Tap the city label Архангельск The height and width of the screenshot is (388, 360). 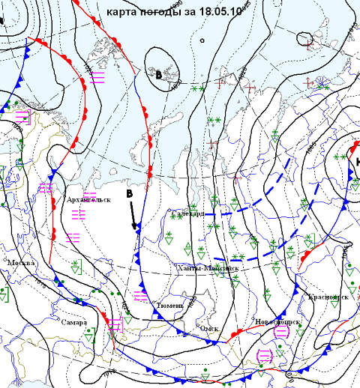coord(88,200)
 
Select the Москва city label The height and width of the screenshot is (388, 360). coord(21,264)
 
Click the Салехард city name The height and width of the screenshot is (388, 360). coord(187,213)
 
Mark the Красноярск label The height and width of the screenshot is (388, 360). coord(328,297)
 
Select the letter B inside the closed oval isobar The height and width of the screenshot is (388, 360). coord(158,74)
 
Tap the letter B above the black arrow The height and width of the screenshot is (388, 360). coord(128,194)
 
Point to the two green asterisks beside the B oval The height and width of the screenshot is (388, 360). coord(197,89)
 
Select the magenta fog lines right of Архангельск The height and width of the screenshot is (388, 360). coord(77,215)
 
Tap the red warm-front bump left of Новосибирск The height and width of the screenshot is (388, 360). coord(237,331)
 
